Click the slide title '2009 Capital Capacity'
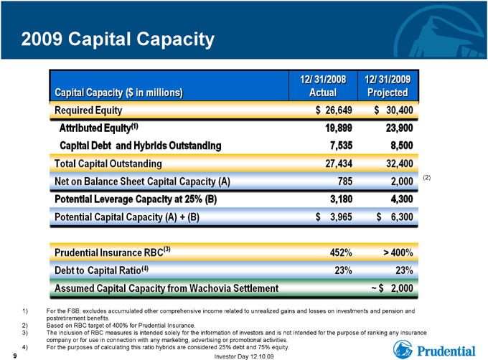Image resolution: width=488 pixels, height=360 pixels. pyautogui.click(x=118, y=39)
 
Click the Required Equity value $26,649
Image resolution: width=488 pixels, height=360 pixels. pyautogui.click(x=334, y=110)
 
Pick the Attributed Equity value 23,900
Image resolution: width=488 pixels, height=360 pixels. pyautogui.click(x=399, y=128)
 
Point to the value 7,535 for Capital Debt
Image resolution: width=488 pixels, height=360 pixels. pyautogui.click(x=341, y=146)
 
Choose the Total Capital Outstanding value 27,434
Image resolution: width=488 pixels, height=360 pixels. pyautogui.click(x=339, y=164)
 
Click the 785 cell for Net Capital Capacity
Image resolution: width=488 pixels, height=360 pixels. pyautogui.click(x=345, y=181)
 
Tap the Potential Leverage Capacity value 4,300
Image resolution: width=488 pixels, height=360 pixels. pyautogui.click(x=402, y=199)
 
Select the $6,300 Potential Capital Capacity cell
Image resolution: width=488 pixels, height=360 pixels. pyautogui.click(x=395, y=217)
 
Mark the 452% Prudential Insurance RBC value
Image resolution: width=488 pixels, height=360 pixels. pyautogui.click(x=341, y=252)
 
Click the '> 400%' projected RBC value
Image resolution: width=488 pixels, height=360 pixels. pyautogui.click(x=398, y=252)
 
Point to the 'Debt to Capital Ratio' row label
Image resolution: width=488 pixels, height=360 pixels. pyautogui.click(x=101, y=270)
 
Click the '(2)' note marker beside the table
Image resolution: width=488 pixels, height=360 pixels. pyautogui.click(x=427, y=178)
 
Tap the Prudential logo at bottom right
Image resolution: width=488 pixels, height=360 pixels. pyautogui.click(x=434, y=349)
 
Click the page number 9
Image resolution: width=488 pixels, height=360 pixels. pyautogui.click(x=14, y=356)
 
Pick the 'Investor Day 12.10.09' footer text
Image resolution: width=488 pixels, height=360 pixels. pyautogui.click(x=244, y=356)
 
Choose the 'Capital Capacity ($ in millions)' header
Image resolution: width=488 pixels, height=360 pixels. pyautogui.click(x=118, y=93)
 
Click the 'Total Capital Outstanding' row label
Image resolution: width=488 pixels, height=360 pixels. pyautogui.click(x=108, y=164)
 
